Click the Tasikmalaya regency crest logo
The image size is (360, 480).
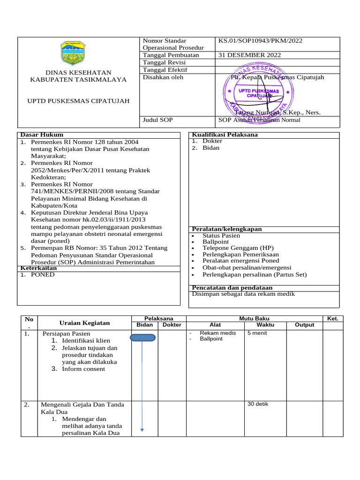(x=73, y=52)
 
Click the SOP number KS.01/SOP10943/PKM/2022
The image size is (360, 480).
(x=260, y=41)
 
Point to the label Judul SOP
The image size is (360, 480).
(x=158, y=120)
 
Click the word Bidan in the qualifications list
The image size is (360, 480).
(x=211, y=148)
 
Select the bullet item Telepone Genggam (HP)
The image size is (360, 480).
(x=238, y=248)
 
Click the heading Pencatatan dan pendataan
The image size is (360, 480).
(x=232, y=287)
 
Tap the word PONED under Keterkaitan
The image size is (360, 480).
(x=43, y=275)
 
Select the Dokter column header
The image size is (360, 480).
(x=172, y=325)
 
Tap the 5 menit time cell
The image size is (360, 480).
(x=257, y=333)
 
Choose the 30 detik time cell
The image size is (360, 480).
(x=258, y=404)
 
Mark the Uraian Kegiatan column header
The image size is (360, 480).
(x=84, y=322)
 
